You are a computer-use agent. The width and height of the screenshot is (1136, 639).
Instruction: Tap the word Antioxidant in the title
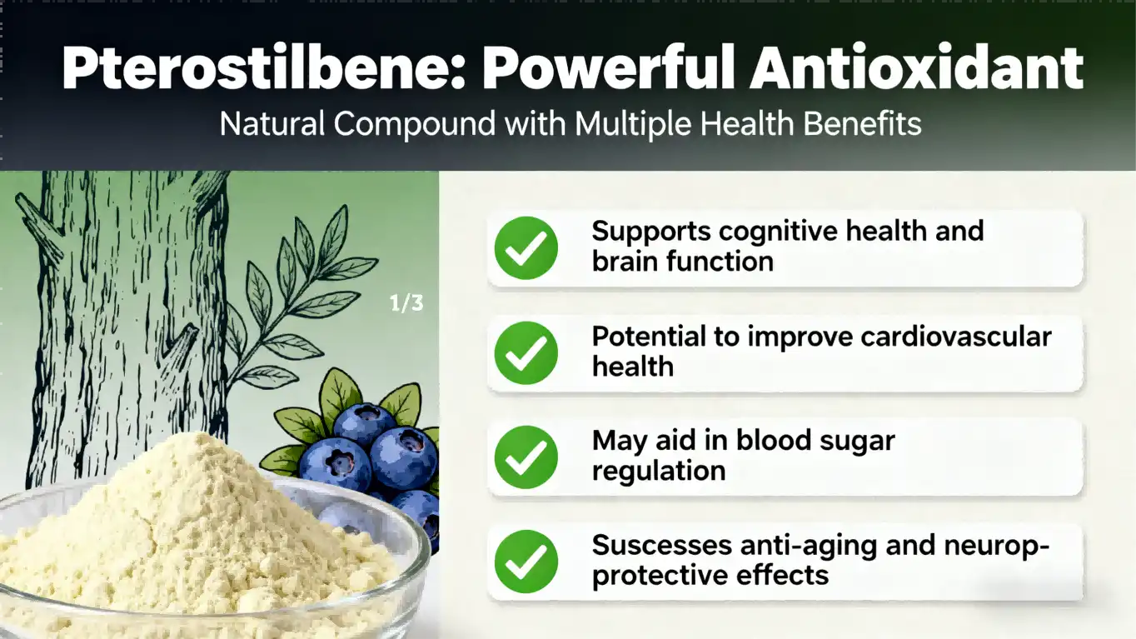point(916,69)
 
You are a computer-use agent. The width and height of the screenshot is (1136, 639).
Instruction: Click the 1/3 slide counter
point(406,303)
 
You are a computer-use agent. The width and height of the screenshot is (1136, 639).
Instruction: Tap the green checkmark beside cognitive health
point(526,247)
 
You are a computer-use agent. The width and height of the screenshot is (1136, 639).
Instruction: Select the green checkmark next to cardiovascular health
point(526,352)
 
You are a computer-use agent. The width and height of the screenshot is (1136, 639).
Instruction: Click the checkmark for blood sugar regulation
point(526,457)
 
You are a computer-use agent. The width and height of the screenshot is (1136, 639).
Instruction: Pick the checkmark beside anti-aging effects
point(526,562)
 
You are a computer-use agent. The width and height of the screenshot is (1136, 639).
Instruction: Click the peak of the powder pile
point(196,441)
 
